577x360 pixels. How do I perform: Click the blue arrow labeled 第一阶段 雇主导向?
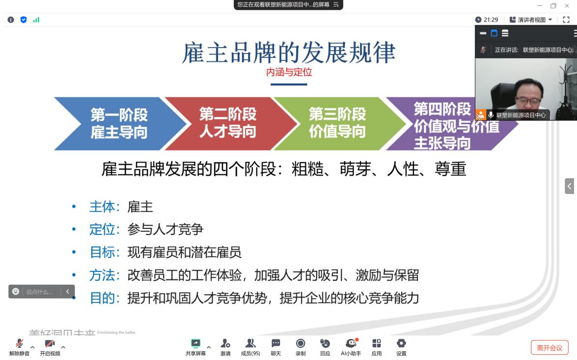click(x=118, y=124)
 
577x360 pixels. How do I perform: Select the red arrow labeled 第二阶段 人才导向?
click(x=227, y=123)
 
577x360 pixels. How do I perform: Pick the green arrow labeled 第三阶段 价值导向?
click(x=337, y=123)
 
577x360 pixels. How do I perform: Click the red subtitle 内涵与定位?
click(x=289, y=73)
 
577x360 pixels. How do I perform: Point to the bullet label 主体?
click(x=102, y=207)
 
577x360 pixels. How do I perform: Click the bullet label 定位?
click(x=102, y=229)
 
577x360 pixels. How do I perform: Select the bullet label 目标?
click(x=102, y=252)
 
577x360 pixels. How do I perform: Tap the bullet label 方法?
click(x=102, y=276)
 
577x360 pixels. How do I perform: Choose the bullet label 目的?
click(x=102, y=298)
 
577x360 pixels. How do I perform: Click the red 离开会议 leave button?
click(x=550, y=348)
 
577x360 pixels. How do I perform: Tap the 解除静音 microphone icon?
click(x=20, y=344)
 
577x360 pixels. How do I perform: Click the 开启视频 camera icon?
click(x=50, y=344)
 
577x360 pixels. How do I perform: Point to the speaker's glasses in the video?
click(x=528, y=100)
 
